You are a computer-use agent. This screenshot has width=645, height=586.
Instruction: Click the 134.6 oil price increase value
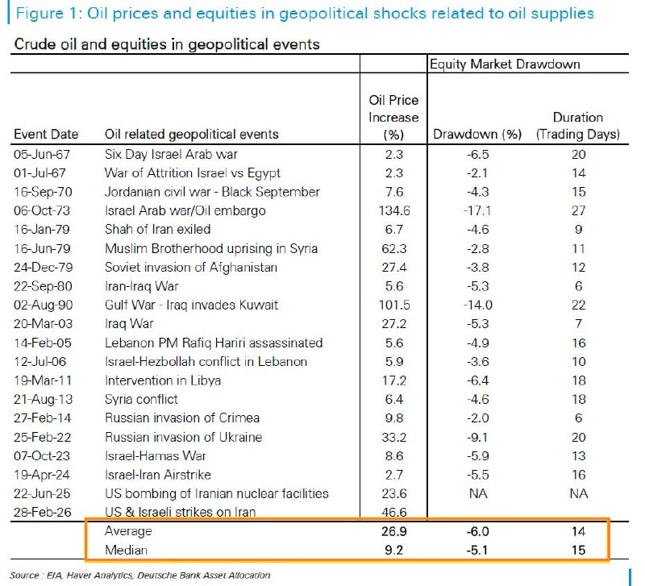(x=393, y=211)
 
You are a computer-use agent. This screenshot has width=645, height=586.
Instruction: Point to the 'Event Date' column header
(x=47, y=134)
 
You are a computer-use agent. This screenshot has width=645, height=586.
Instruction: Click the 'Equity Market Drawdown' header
(x=505, y=64)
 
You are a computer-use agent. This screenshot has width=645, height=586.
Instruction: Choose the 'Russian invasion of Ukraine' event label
(x=183, y=437)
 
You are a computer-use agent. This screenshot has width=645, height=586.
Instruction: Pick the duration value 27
(x=578, y=211)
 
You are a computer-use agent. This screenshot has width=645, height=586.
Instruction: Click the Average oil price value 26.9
(x=393, y=532)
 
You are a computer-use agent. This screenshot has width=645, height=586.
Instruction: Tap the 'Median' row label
(x=126, y=551)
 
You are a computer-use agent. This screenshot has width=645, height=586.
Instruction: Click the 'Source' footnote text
(x=140, y=575)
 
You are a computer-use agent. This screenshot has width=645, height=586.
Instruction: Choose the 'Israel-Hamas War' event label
(x=152, y=456)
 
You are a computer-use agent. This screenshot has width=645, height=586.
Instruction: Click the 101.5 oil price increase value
(x=393, y=305)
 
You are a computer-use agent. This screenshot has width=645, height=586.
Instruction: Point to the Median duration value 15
(x=578, y=551)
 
